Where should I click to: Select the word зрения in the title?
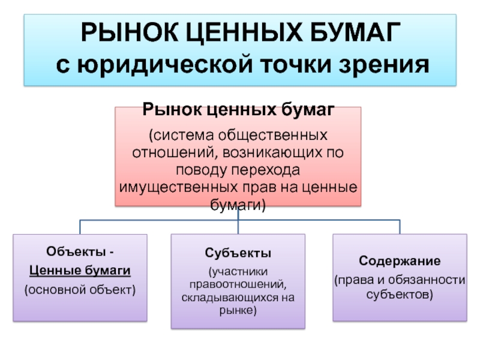[x=384, y=65]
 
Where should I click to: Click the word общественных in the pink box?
[x=272, y=136]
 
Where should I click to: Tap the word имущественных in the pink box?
[x=178, y=187]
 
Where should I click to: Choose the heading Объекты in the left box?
[x=76, y=251]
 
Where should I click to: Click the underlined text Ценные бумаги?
[x=80, y=271]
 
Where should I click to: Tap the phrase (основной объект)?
[x=80, y=290]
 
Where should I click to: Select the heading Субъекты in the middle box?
[x=238, y=253]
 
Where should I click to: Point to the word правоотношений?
[x=238, y=284]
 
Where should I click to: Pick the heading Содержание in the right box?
[x=400, y=261]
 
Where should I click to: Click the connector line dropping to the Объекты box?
[x=80, y=227]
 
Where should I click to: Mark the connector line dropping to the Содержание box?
[x=400, y=227]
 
